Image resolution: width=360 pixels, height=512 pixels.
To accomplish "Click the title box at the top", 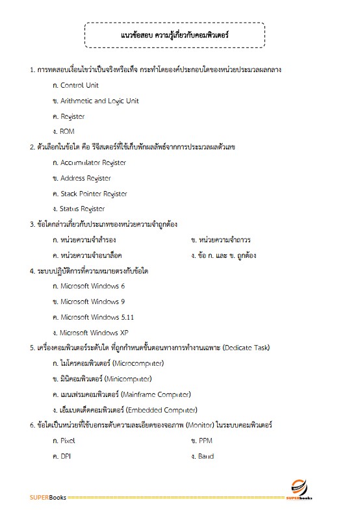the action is click(174, 35).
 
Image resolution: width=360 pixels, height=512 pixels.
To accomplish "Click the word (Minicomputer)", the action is click(128, 379).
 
